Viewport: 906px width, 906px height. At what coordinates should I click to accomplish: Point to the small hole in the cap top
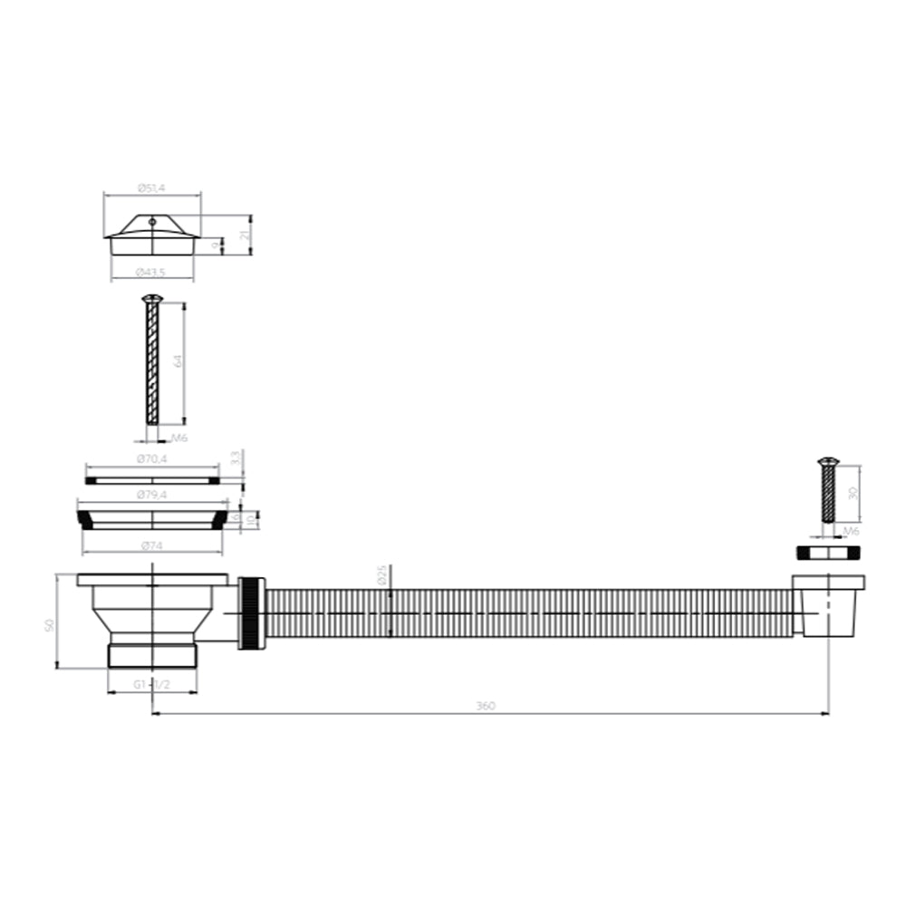coord(152,220)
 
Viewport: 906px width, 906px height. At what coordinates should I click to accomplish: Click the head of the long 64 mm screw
coord(151,298)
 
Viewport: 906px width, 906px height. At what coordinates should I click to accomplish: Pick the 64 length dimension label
coord(178,361)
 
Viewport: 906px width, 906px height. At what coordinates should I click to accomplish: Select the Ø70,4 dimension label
coord(151,459)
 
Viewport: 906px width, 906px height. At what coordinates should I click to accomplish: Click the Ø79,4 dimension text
coord(151,495)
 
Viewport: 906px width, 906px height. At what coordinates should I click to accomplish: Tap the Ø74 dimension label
coord(151,545)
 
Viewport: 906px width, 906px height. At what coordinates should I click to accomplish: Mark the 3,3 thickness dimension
coord(235,458)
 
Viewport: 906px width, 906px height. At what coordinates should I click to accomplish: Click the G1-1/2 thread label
coord(152,685)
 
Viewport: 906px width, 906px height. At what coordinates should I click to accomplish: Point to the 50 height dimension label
coord(50,624)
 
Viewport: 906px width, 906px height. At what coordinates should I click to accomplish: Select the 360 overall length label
coord(487,706)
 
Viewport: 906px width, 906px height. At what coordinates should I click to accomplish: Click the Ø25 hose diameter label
coord(381,574)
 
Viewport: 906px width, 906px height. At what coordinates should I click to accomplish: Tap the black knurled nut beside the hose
coord(251,613)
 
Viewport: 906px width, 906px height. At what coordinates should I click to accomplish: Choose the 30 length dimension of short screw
coord(852,493)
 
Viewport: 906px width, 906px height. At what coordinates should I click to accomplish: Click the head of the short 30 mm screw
coord(827,462)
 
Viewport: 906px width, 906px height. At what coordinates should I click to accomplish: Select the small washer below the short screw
coord(827,552)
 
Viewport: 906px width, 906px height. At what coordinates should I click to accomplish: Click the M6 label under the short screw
coord(851,531)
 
